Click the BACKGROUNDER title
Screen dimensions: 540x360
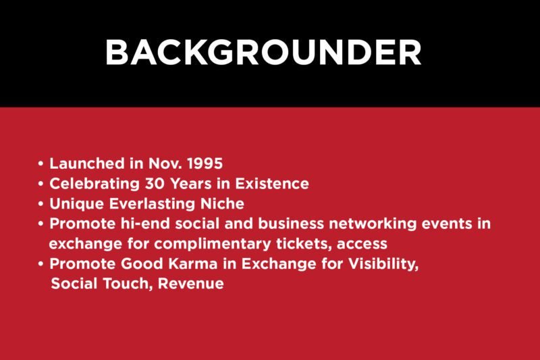tap(263, 52)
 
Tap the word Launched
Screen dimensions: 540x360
tap(87, 163)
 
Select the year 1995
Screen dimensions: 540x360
tap(205, 163)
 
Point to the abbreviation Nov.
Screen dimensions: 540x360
tap(165, 163)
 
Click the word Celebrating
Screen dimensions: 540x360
tap(94, 184)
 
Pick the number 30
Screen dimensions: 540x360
tap(155, 184)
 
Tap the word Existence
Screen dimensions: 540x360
tap(272, 184)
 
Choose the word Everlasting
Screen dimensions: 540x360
tap(153, 203)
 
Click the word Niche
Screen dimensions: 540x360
tap(223, 203)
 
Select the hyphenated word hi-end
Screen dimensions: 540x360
tap(145, 224)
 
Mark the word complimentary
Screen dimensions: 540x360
tap(213, 244)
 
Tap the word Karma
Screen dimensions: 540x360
tap(193, 264)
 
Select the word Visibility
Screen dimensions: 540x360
tap(383, 264)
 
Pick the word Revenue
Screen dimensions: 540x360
tap(191, 284)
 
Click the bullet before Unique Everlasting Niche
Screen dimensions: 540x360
tap(41, 203)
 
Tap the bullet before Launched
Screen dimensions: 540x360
tap(41, 163)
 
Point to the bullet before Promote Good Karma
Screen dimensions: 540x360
tap(41, 264)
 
